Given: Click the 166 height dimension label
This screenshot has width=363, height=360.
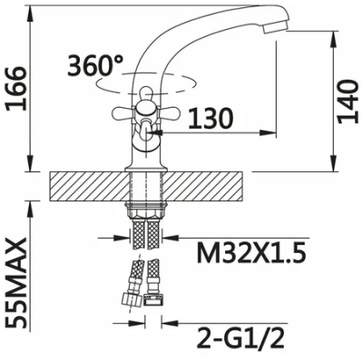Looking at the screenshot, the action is pyautogui.click(x=15, y=89).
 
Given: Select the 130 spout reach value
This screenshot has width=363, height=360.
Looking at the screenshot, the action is pyautogui.click(x=211, y=118).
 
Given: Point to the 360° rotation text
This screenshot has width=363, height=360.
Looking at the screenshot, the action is pyautogui.click(x=95, y=65).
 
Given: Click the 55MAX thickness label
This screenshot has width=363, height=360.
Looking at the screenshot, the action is pyautogui.click(x=15, y=283).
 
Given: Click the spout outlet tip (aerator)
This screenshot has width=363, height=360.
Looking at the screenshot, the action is pyautogui.click(x=274, y=28).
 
